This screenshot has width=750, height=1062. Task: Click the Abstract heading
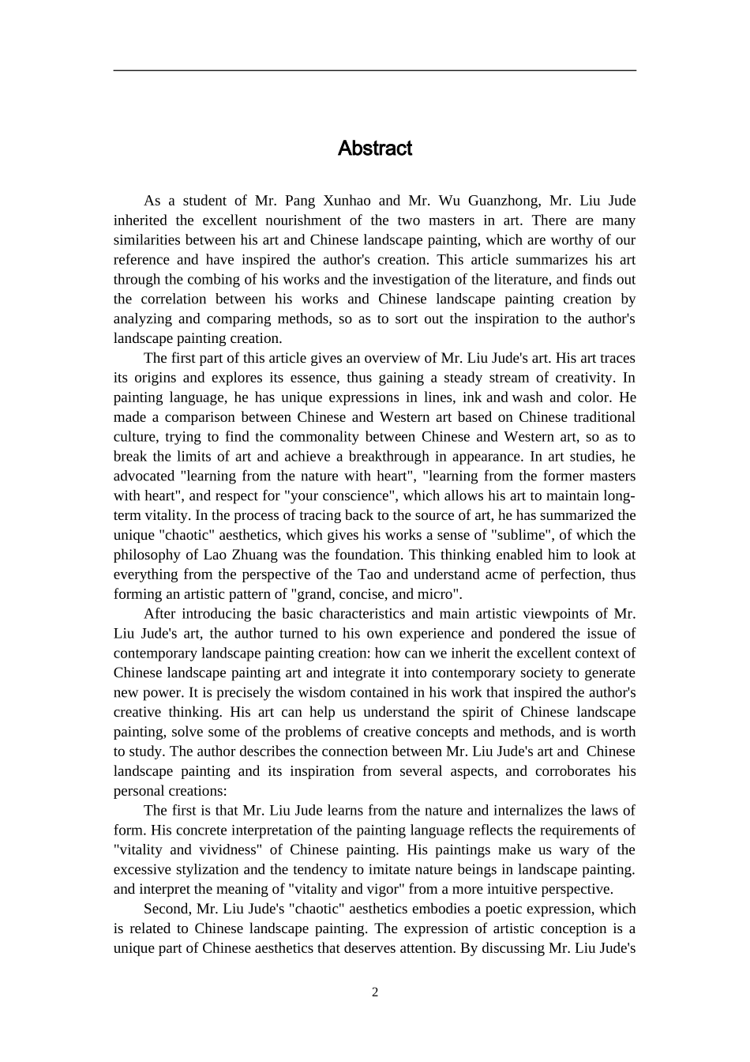point(374,149)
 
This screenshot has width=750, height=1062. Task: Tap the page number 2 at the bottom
point(375,992)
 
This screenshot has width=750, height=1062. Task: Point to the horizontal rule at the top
point(374,70)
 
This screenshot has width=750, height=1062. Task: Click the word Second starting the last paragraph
point(165,909)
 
